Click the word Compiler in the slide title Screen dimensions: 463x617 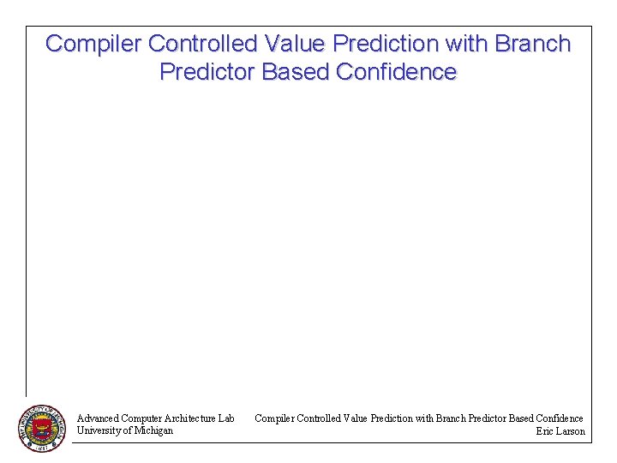tap(93, 44)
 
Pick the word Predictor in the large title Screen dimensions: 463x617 tap(207, 72)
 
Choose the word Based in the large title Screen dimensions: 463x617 tap(297, 72)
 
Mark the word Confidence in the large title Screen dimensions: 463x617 tap(397, 72)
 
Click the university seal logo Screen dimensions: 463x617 tap(41, 428)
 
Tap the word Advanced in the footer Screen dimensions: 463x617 tap(98, 418)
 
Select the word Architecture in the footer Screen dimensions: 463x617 tap(189, 418)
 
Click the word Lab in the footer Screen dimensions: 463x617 tap(226, 418)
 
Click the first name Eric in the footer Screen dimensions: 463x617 tap(545, 431)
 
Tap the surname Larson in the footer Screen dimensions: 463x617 tap(572, 431)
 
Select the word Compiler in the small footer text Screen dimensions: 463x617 tap(274, 418)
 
